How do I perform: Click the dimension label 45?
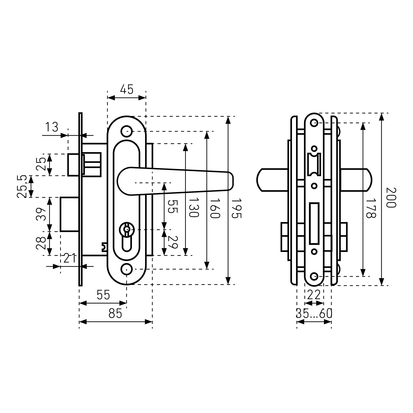tap(127, 90)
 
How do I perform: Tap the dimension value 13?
tap(52, 127)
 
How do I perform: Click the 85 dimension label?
tap(115, 314)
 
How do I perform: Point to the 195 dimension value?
tap(236, 209)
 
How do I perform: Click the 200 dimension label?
tap(391, 197)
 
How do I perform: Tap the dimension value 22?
tap(314, 295)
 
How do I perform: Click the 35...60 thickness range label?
tap(314, 314)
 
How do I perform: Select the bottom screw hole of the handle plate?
tap(126, 269)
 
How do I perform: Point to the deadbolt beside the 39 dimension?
tap(69, 214)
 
